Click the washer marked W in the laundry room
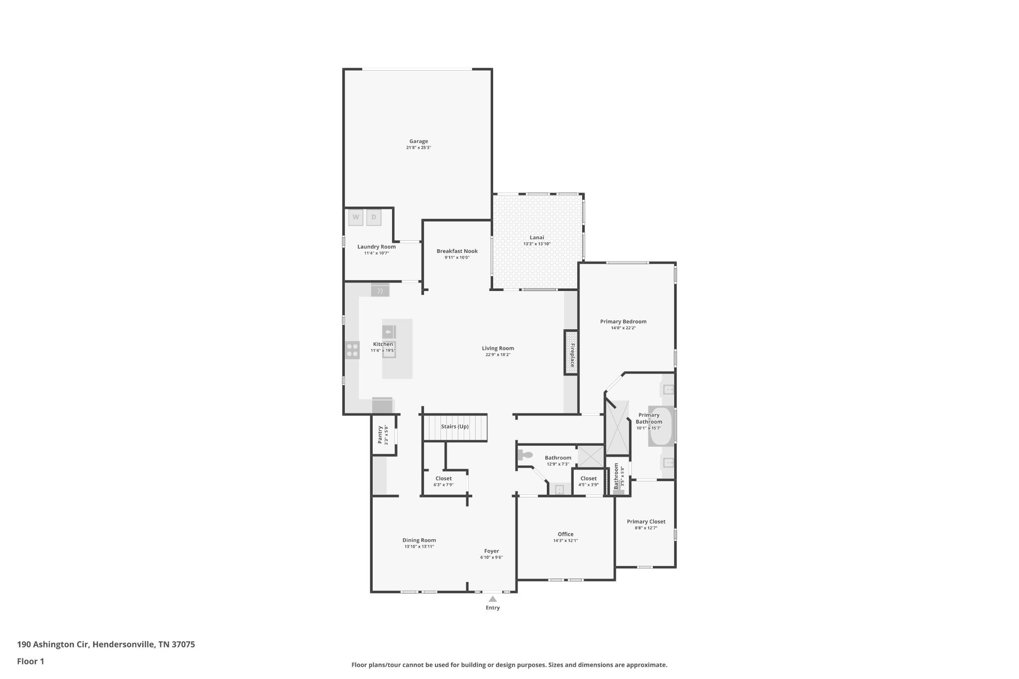(356, 217)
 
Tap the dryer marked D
(374, 217)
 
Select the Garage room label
(418, 141)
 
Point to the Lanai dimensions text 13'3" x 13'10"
(537, 244)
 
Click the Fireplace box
(571, 353)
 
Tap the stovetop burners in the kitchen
(352, 350)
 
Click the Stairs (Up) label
(455, 426)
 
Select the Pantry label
(380, 435)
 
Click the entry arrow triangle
(493, 599)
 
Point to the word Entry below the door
(493, 607)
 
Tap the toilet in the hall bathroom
(524, 455)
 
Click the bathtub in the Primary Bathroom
(661, 426)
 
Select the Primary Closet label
(646, 522)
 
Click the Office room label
(565, 534)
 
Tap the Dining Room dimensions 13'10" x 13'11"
(419, 547)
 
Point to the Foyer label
(492, 551)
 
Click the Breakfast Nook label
(457, 251)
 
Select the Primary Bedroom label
(623, 321)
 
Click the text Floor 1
(31, 661)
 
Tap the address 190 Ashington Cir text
(53, 645)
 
